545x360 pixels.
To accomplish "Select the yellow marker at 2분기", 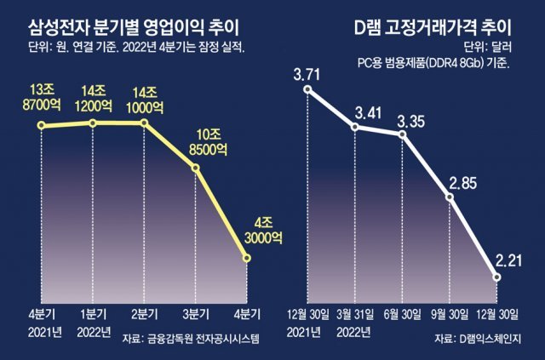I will pos(144,123).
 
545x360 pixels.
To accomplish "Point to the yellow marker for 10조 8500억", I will pos(196,168).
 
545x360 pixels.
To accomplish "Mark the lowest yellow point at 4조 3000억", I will pos(248,259).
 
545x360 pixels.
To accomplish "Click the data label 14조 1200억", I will pos(93,100).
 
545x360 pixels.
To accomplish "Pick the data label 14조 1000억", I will pos(144,100).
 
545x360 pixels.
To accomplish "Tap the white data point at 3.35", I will pos(403,134).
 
